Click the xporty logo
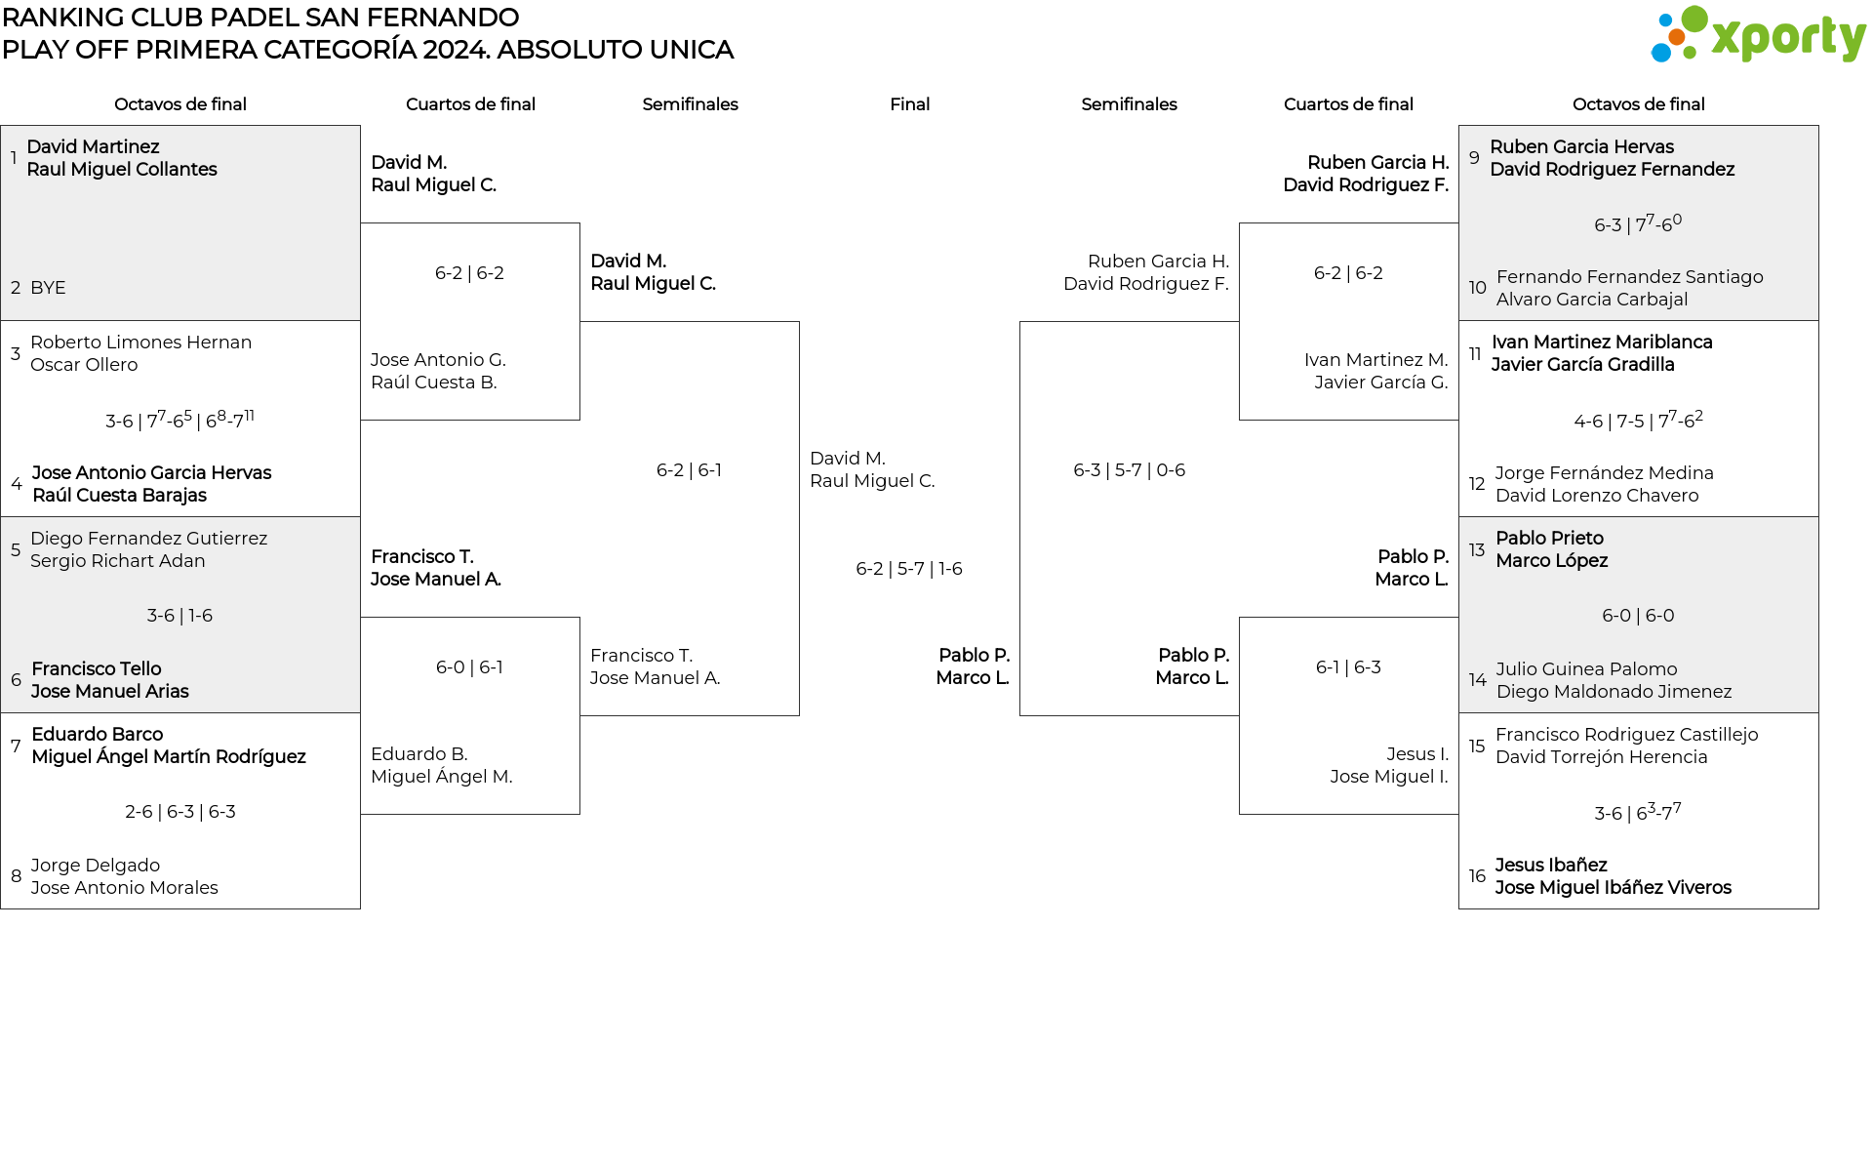click(1758, 35)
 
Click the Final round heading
click(909, 104)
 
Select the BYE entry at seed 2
click(48, 288)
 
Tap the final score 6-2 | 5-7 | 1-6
click(909, 569)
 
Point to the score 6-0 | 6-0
click(1638, 616)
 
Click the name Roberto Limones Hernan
click(140, 343)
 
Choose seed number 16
click(1477, 876)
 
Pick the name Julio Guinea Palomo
click(1586, 669)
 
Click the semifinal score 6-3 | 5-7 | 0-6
click(1130, 470)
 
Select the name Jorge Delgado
click(95, 866)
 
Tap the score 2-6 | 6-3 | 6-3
click(180, 812)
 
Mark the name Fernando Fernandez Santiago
click(1630, 277)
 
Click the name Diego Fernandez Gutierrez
click(148, 539)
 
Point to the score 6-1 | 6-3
click(1348, 667)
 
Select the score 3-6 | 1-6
click(179, 616)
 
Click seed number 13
click(1477, 550)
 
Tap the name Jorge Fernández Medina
click(1604, 473)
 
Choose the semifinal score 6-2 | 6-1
click(689, 470)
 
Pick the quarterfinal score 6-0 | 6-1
click(469, 667)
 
